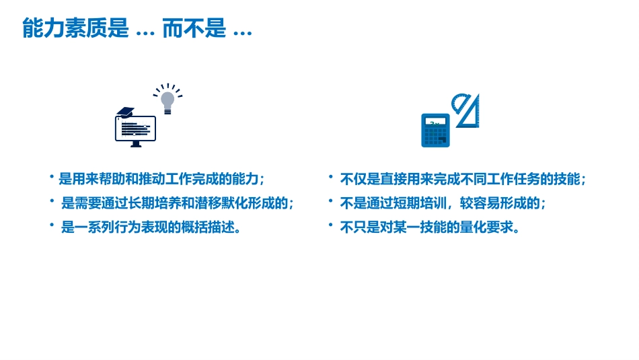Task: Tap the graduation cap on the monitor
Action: coord(126,112)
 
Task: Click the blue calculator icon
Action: coord(435,131)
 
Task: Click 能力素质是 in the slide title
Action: coord(75,29)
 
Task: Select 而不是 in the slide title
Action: coord(194,29)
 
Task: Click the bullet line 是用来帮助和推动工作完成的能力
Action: coord(161,180)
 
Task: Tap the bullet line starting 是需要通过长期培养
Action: coord(178,203)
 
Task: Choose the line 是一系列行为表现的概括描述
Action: coord(151,227)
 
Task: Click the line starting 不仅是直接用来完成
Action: coord(463,180)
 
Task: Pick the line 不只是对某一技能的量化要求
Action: coord(430,227)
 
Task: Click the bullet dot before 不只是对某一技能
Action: coord(330,223)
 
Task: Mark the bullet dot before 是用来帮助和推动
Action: coord(51,176)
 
